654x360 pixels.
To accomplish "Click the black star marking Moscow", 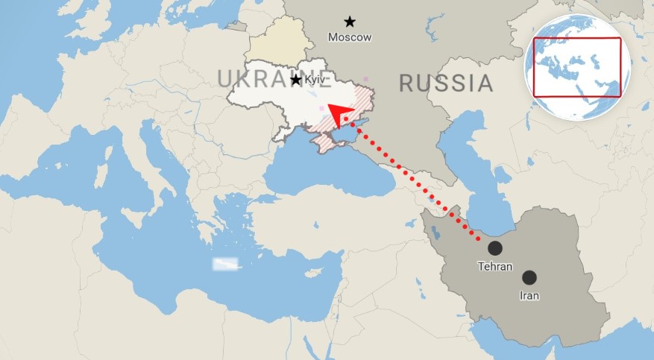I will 350,22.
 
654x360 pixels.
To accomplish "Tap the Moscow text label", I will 350,37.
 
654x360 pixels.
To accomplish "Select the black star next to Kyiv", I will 296,80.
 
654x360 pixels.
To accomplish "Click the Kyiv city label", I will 315,80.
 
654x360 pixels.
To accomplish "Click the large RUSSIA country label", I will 446,83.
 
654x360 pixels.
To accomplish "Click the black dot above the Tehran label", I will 494,248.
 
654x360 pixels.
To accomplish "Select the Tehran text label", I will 495,266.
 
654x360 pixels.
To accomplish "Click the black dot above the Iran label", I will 529,277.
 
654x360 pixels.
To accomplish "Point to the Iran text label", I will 529,295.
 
